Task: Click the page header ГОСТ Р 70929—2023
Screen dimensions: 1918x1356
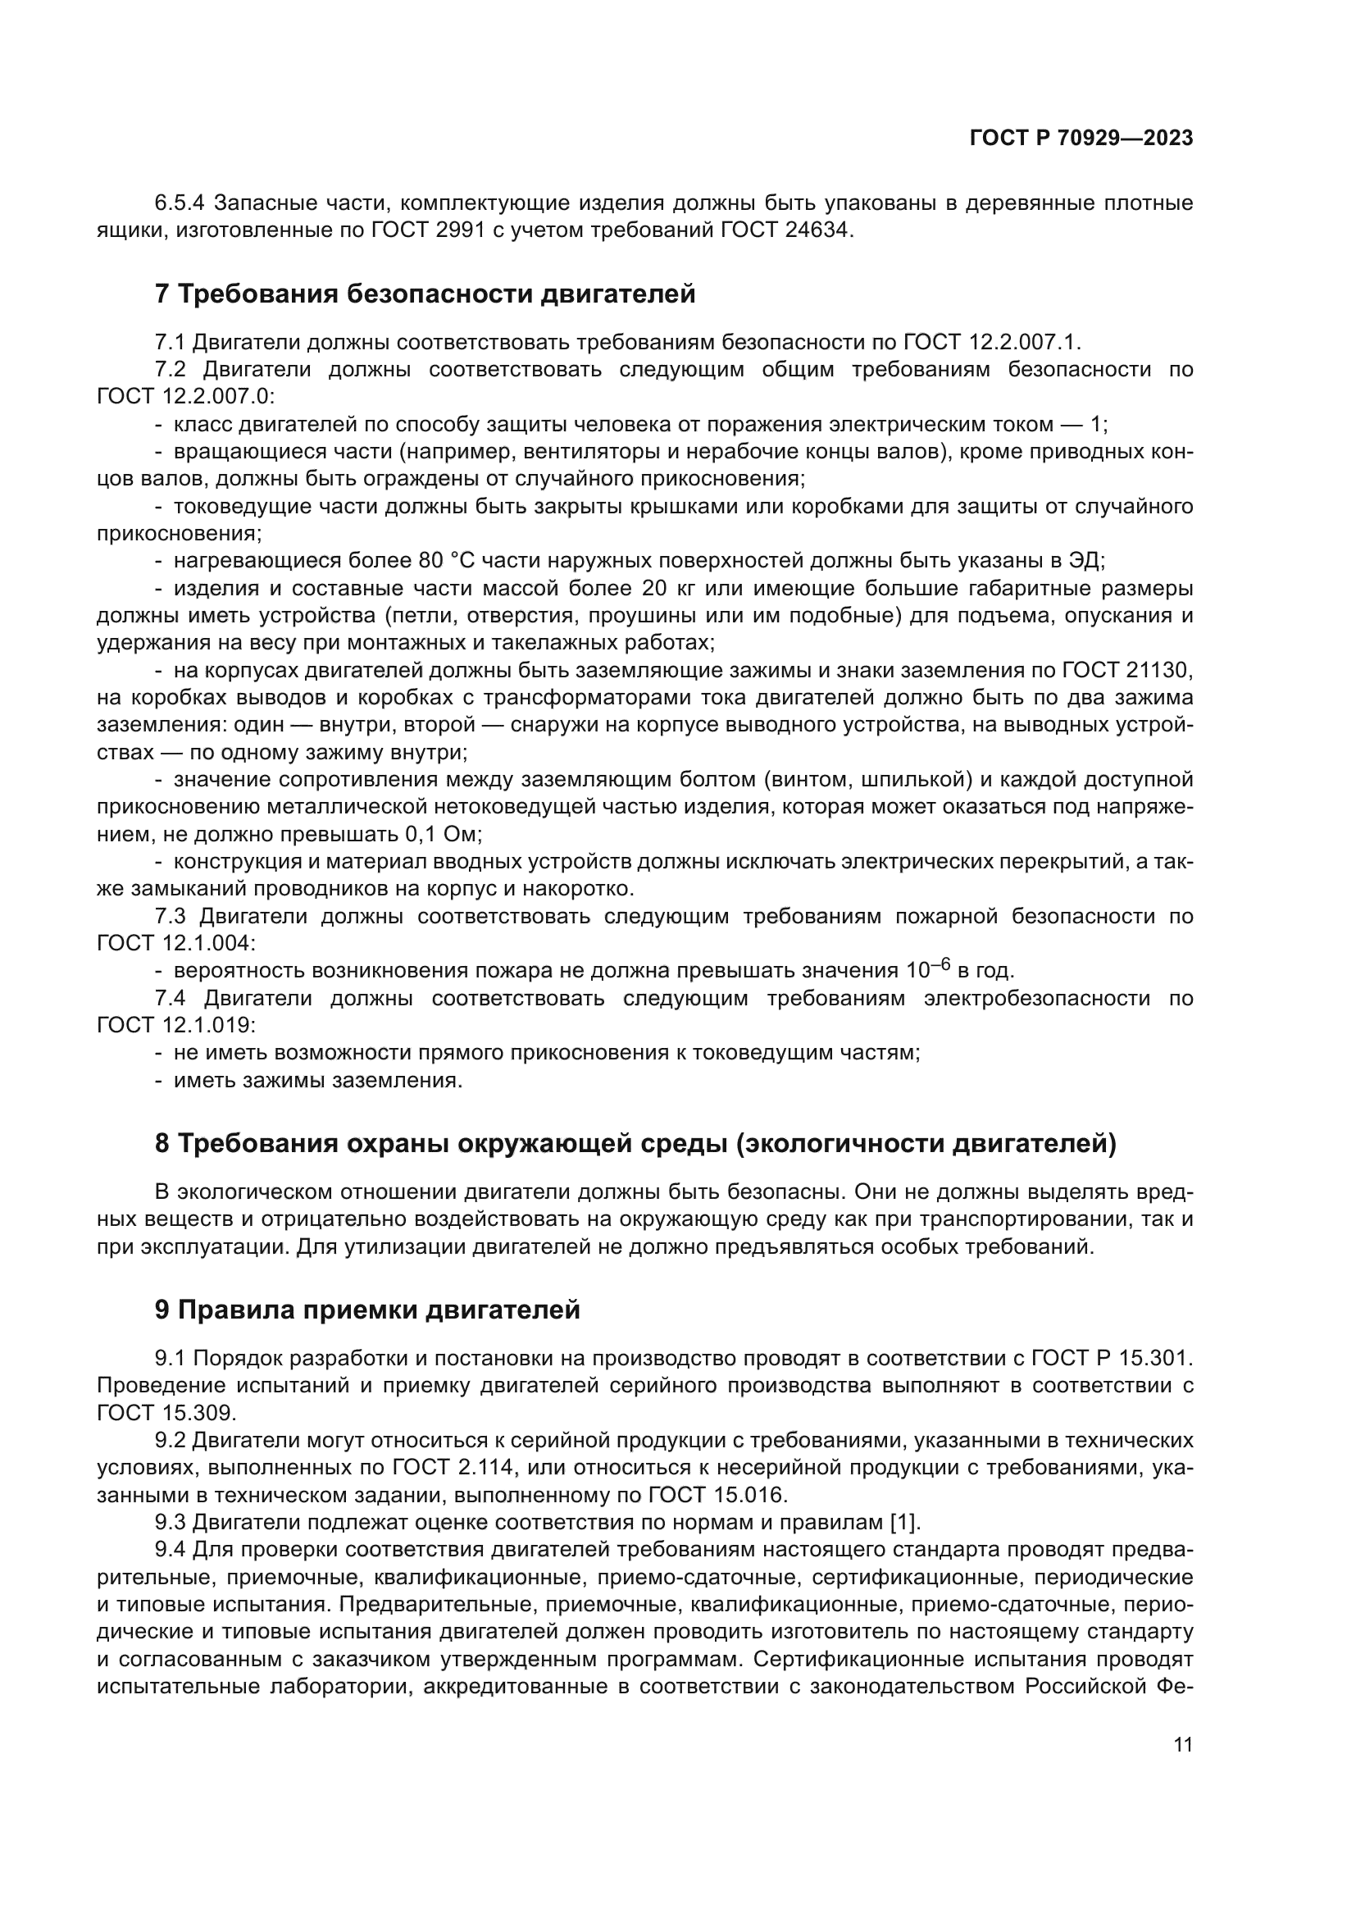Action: tap(1081, 139)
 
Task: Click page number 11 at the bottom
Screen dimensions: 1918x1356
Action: tap(1182, 1744)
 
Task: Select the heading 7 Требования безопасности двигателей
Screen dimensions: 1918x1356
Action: tap(425, 294)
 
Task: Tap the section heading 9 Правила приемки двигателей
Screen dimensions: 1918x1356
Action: tap(367, 1310)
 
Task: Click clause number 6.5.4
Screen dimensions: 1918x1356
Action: tap(180, 203)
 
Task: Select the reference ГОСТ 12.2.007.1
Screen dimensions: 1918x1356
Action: tap(991, 343)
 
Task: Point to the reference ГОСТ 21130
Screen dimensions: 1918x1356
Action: tap(1126, 670)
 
